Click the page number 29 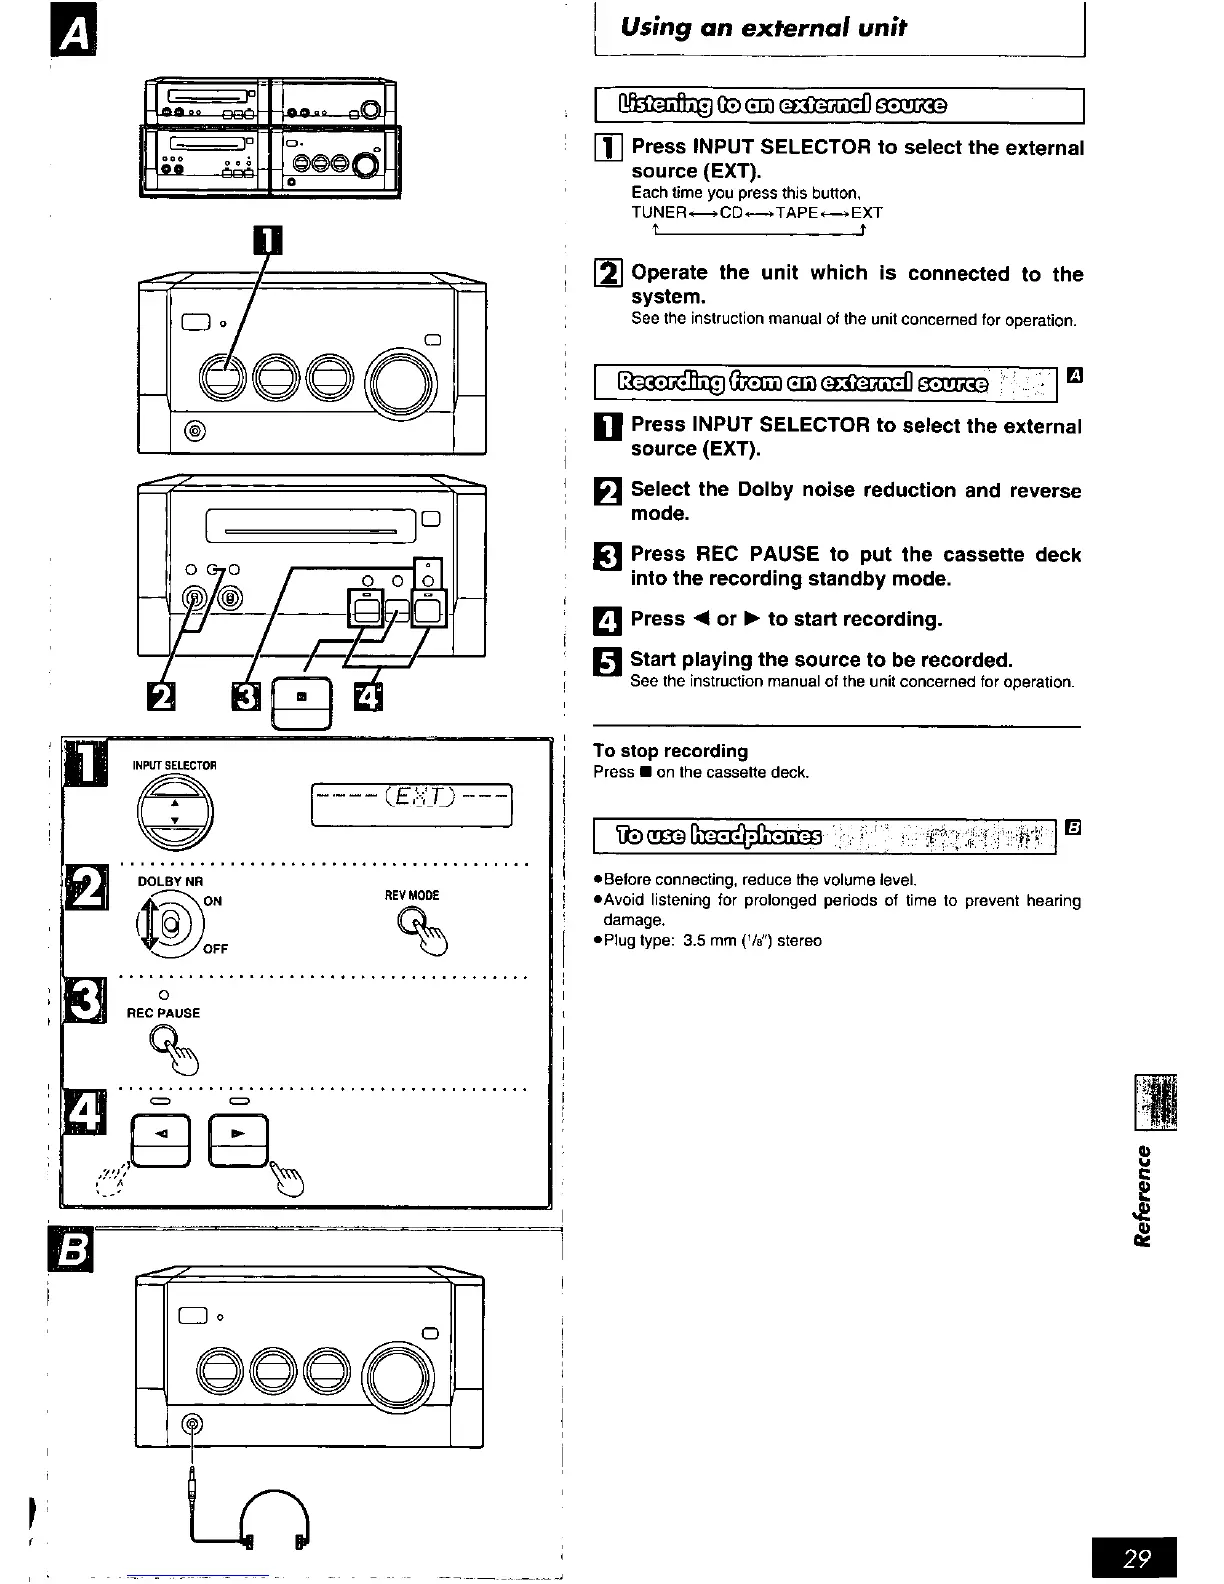pyautogui.click(x=1137, y=1558)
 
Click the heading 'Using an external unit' pyautogui.click(x=763, y=28)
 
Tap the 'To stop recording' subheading pyautogui.click(x=670, y=751)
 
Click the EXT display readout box pyautogui.click(x=412, y=804)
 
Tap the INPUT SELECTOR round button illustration pyautogui.click(x=175, y=808)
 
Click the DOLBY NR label pyautogui.click(x=170, y=881)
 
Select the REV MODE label pyautogui.click(x=412, y=895)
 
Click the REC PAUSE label pyautogui.click(x=163, y=1013)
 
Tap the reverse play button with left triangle pyautogui.click(x=160, y=1139)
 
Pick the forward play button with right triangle pyautogui.click(x=237, y=1139)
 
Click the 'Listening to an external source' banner pyautogui.click(x=783, y=105)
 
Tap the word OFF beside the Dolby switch pyautogui.click(x=216, y=949)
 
